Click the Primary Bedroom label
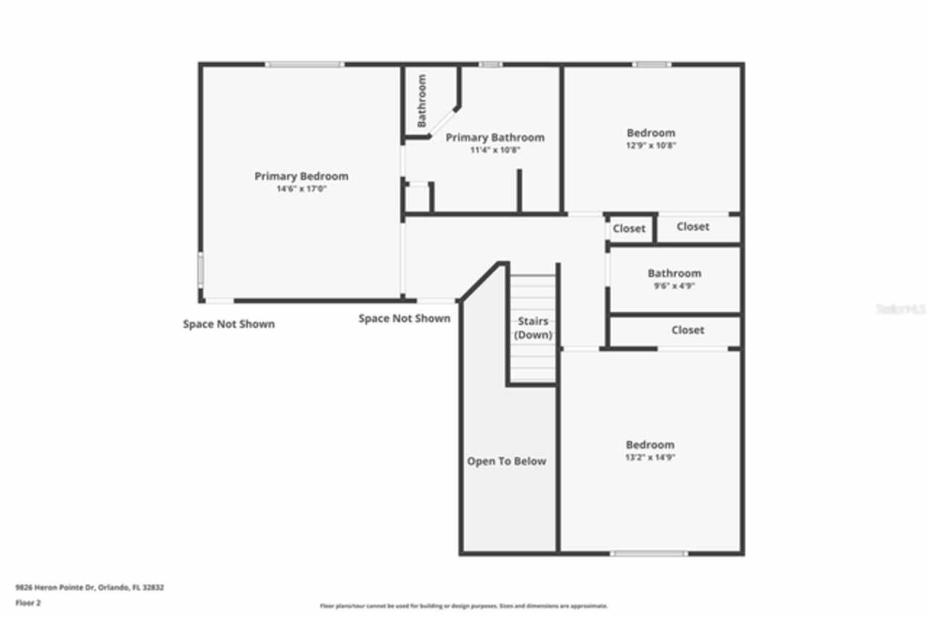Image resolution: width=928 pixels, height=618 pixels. coord(301,176)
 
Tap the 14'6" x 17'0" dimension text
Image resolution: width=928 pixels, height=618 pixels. coord(301,189)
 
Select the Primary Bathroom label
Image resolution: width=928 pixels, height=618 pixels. coord(494,138)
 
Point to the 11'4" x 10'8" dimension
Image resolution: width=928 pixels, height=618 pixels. coord(495,150)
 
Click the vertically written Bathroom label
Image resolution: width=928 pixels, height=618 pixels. coord(422,101)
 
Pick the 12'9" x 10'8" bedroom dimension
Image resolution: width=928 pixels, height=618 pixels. coord(651,145)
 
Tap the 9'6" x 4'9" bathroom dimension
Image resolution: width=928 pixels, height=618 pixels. coord(674,286)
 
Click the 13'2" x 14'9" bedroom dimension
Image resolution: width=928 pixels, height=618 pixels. coord(650,458)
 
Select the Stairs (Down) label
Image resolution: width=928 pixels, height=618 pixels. coord(533,328)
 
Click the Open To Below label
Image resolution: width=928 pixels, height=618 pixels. coord(506,461)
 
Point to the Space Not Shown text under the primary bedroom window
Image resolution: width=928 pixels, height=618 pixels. coord(228,324)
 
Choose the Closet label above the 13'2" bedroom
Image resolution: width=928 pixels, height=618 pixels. coord(687,330)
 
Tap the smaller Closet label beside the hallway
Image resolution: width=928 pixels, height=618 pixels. coord(629,228)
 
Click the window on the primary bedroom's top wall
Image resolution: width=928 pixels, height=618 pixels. coord(304,65)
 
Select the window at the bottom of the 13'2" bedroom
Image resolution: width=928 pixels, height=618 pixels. coord(648,553)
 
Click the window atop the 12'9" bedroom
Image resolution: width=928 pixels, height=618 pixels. coord(651,65)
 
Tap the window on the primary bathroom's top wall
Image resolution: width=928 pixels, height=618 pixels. coord(491,65)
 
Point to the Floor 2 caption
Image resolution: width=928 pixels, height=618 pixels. coord(28,603)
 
